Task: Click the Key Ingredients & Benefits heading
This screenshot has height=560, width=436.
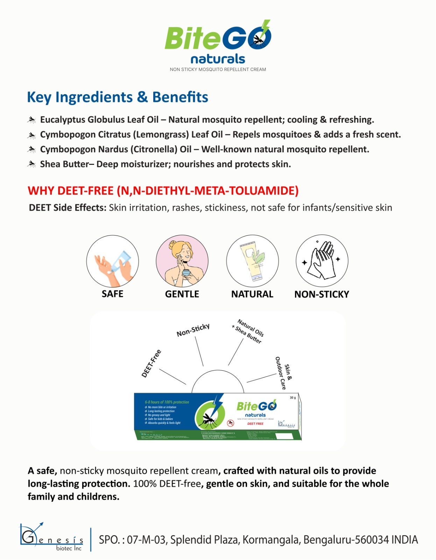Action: [118, 97]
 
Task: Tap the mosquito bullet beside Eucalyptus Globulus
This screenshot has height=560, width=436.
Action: [31, 120]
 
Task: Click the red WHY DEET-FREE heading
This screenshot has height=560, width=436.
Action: [163, 191]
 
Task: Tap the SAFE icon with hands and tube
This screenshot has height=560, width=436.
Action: [112, 261]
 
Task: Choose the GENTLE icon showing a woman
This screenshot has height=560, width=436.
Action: [182, 261]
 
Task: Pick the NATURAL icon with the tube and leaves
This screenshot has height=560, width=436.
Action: [252, 261]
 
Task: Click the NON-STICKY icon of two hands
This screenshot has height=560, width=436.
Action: [322, 261]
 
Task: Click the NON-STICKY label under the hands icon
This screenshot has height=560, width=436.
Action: [322, 294]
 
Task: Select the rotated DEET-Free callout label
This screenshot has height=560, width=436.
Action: [151, 364]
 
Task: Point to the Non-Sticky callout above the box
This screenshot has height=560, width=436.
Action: [193, 330]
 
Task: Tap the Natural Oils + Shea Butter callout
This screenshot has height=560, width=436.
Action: [248, 331]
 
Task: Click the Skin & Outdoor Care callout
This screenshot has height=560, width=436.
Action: [283, 373]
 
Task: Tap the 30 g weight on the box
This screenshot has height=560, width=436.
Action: [293, 398]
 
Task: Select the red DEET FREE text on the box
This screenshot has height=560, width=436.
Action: [255, 424]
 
